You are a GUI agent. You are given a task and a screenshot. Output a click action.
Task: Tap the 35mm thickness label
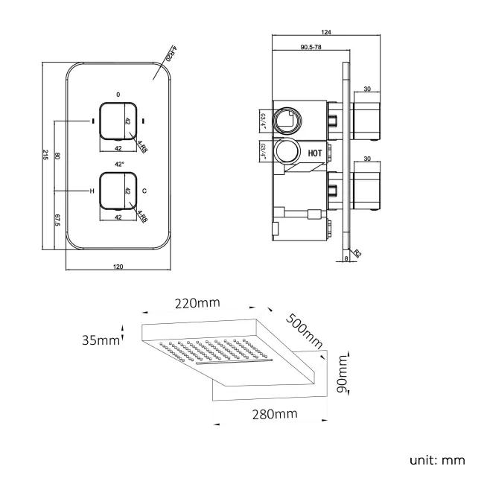pos(101,340)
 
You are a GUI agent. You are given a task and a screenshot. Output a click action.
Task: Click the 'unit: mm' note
pos(437,459)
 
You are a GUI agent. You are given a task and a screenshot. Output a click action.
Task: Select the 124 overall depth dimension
pos(325,32)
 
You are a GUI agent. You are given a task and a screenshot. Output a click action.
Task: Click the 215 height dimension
pos(46,156)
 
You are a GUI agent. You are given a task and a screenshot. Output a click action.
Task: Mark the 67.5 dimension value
pos(57,221)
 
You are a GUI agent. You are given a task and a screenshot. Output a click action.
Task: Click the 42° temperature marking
pos(118,163)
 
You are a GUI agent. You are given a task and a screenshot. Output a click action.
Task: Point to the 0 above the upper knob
pos(118,94)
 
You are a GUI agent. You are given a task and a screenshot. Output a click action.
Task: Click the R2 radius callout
pos(358,253)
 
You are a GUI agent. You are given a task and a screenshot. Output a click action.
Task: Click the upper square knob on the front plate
pos(118,120)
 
